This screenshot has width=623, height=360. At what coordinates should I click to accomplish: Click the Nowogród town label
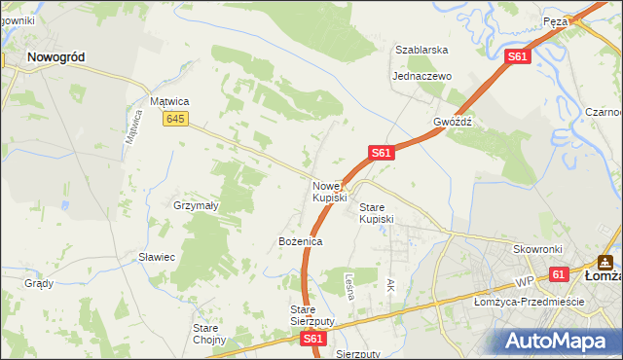55,57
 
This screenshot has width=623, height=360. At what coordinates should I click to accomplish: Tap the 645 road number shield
175,119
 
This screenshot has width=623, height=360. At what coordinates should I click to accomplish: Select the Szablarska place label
421,50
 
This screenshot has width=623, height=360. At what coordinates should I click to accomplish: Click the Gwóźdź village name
453,123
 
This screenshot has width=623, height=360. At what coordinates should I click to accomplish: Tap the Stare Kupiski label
377,213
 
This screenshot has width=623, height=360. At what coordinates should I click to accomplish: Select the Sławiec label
156,257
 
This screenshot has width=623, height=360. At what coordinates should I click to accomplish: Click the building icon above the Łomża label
605,261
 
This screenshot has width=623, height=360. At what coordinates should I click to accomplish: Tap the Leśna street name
352,285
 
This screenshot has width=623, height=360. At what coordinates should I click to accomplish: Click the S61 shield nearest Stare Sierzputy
311,339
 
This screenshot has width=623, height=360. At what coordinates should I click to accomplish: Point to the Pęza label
556,20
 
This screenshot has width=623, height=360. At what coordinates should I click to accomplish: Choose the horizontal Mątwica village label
168,100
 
